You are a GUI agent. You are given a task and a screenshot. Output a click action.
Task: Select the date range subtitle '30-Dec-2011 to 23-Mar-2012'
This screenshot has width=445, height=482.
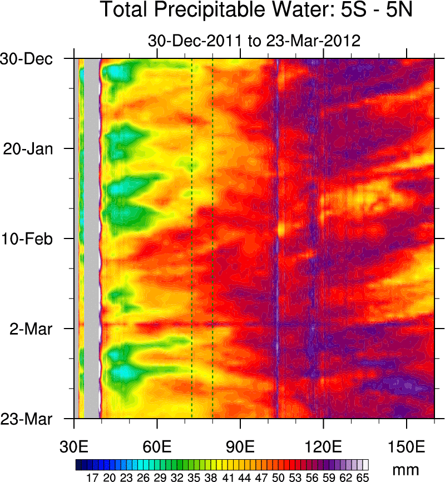coord(254,41)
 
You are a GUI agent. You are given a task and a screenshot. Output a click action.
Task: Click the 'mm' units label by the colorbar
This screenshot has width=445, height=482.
coord(405,470)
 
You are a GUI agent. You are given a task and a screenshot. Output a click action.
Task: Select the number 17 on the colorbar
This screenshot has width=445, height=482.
coord(92,476)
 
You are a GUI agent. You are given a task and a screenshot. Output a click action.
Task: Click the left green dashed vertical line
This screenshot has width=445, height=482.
coord(191,239)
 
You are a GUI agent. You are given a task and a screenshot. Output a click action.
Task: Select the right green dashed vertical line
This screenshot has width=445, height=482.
coord(212,239)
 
